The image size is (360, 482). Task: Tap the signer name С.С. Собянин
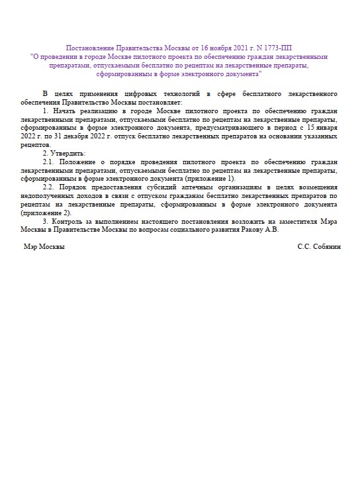pos(318,246)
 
